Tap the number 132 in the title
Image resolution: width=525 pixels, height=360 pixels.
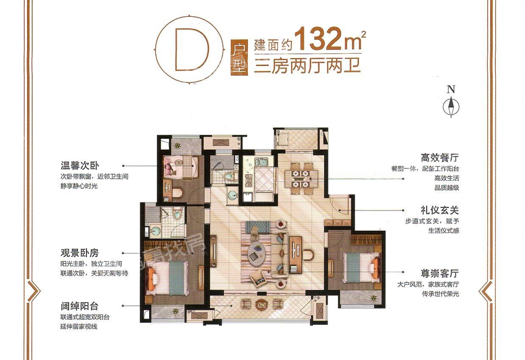(x=319, y=39)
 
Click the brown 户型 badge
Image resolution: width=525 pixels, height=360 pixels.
(x=239, y=57)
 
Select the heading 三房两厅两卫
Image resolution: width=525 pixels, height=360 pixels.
(x=307, y=65)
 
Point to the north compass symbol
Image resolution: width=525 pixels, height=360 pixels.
(x=451, y=107)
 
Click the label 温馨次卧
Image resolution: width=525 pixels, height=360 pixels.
(x=80, y=166)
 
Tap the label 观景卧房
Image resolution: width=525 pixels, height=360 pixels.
(x=80, y=253)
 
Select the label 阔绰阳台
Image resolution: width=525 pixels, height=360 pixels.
(x=79, y=306)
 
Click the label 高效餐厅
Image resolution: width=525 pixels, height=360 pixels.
(x=439, y=158)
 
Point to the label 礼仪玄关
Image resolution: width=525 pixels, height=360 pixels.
(x=439, y=210)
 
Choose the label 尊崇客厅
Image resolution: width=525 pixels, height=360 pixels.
(x=439, y=273)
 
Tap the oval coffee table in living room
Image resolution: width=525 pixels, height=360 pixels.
(x=257, y=255)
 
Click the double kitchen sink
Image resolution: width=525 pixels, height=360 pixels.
(x=261, y=162)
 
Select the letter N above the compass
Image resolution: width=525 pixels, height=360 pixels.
(x=451, y=89)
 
